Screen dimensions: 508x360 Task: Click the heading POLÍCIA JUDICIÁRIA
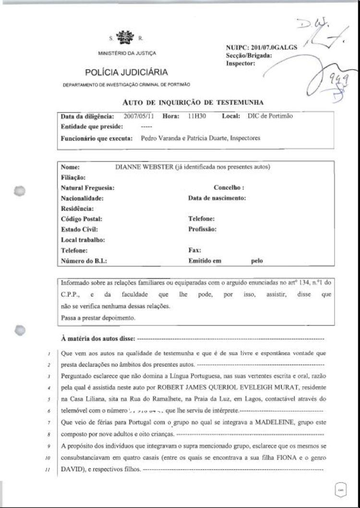(x=126, y=72)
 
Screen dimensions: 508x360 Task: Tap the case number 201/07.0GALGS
(x=274, y=47)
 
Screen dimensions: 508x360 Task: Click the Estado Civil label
(x=79, y=229)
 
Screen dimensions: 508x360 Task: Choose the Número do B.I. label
(x=84, y=261)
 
